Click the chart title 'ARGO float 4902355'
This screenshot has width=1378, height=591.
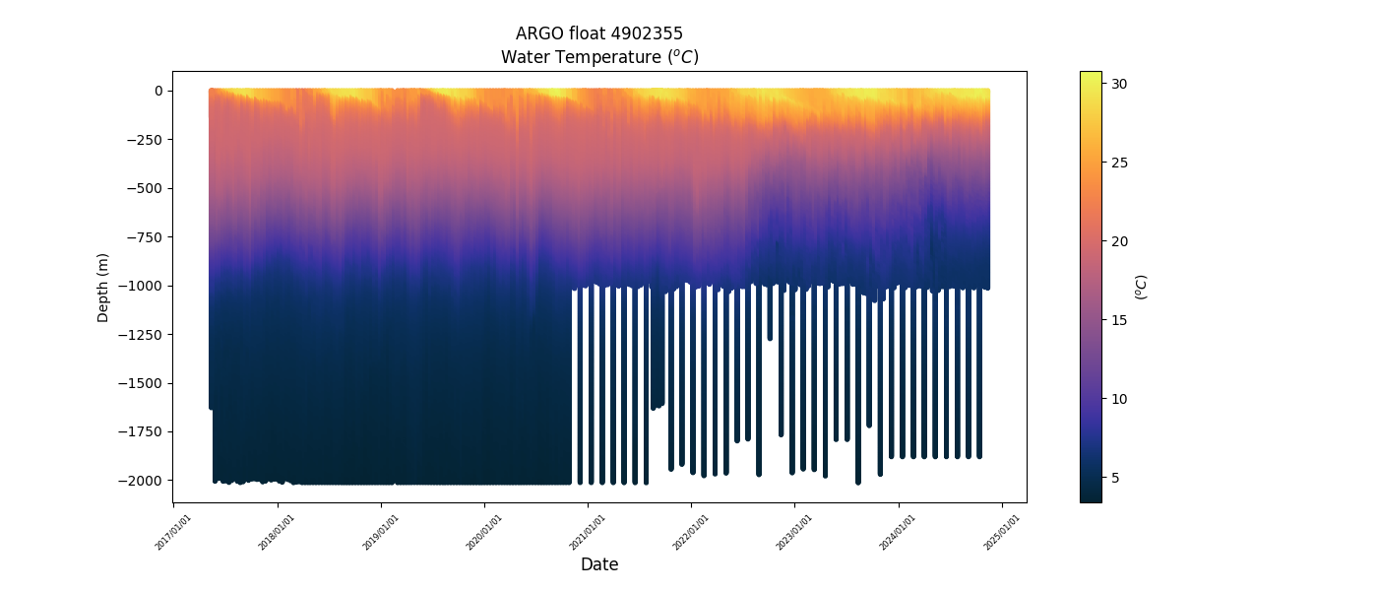599,33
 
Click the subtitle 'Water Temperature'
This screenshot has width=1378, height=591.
599,57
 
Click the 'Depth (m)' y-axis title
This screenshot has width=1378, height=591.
102,287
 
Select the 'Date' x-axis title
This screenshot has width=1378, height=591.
599,564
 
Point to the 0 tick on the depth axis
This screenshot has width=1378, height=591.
157,91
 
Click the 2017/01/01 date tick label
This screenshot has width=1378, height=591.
174,531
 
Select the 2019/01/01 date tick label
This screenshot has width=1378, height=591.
382,531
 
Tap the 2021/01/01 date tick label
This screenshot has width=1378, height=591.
589,531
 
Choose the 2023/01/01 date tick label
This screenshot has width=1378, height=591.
795,531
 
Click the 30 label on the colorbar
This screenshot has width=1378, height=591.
1119,85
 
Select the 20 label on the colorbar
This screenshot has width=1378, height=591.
1119,241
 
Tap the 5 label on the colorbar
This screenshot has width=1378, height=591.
1115,478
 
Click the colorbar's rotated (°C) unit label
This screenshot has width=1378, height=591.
1141,287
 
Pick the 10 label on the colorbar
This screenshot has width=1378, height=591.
1119,399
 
